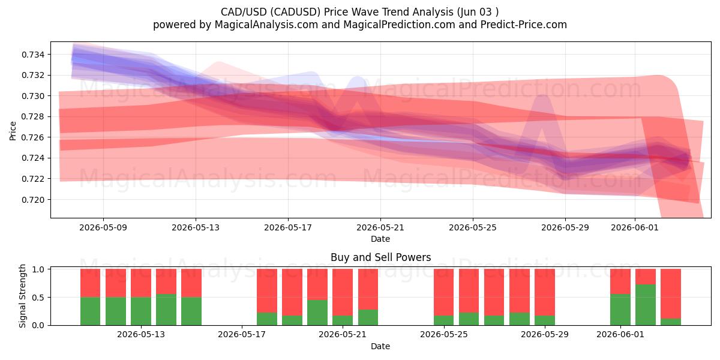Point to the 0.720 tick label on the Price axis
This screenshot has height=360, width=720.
tap(33, 200)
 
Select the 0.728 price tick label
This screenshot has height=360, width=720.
tap(33, 116)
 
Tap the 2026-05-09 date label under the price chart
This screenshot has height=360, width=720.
tap(103, 227)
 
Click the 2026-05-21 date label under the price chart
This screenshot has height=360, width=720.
tap(380, 227)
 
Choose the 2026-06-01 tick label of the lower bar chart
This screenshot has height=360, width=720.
tap(620, 335)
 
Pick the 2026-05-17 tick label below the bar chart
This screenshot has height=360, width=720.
tap(242, 335)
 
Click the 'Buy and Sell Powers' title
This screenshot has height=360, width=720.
tap(380, 257)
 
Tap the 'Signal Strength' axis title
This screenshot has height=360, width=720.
tap(22, 296)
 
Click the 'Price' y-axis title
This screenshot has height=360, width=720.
tap(13, 131)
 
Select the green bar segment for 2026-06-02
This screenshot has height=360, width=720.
tap(646, 305)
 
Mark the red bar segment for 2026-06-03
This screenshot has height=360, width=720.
tap(671, 294)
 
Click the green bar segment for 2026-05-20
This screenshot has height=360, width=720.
tap(317, 313)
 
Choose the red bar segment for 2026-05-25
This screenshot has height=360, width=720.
tap(443, 292)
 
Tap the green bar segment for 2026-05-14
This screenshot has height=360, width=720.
tap(166, 310)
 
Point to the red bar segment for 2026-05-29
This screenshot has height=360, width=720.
tap(545, 292)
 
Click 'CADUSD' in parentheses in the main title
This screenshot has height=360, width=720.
tap(295, 12)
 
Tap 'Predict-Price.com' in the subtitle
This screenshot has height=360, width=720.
tap(524, 25)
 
